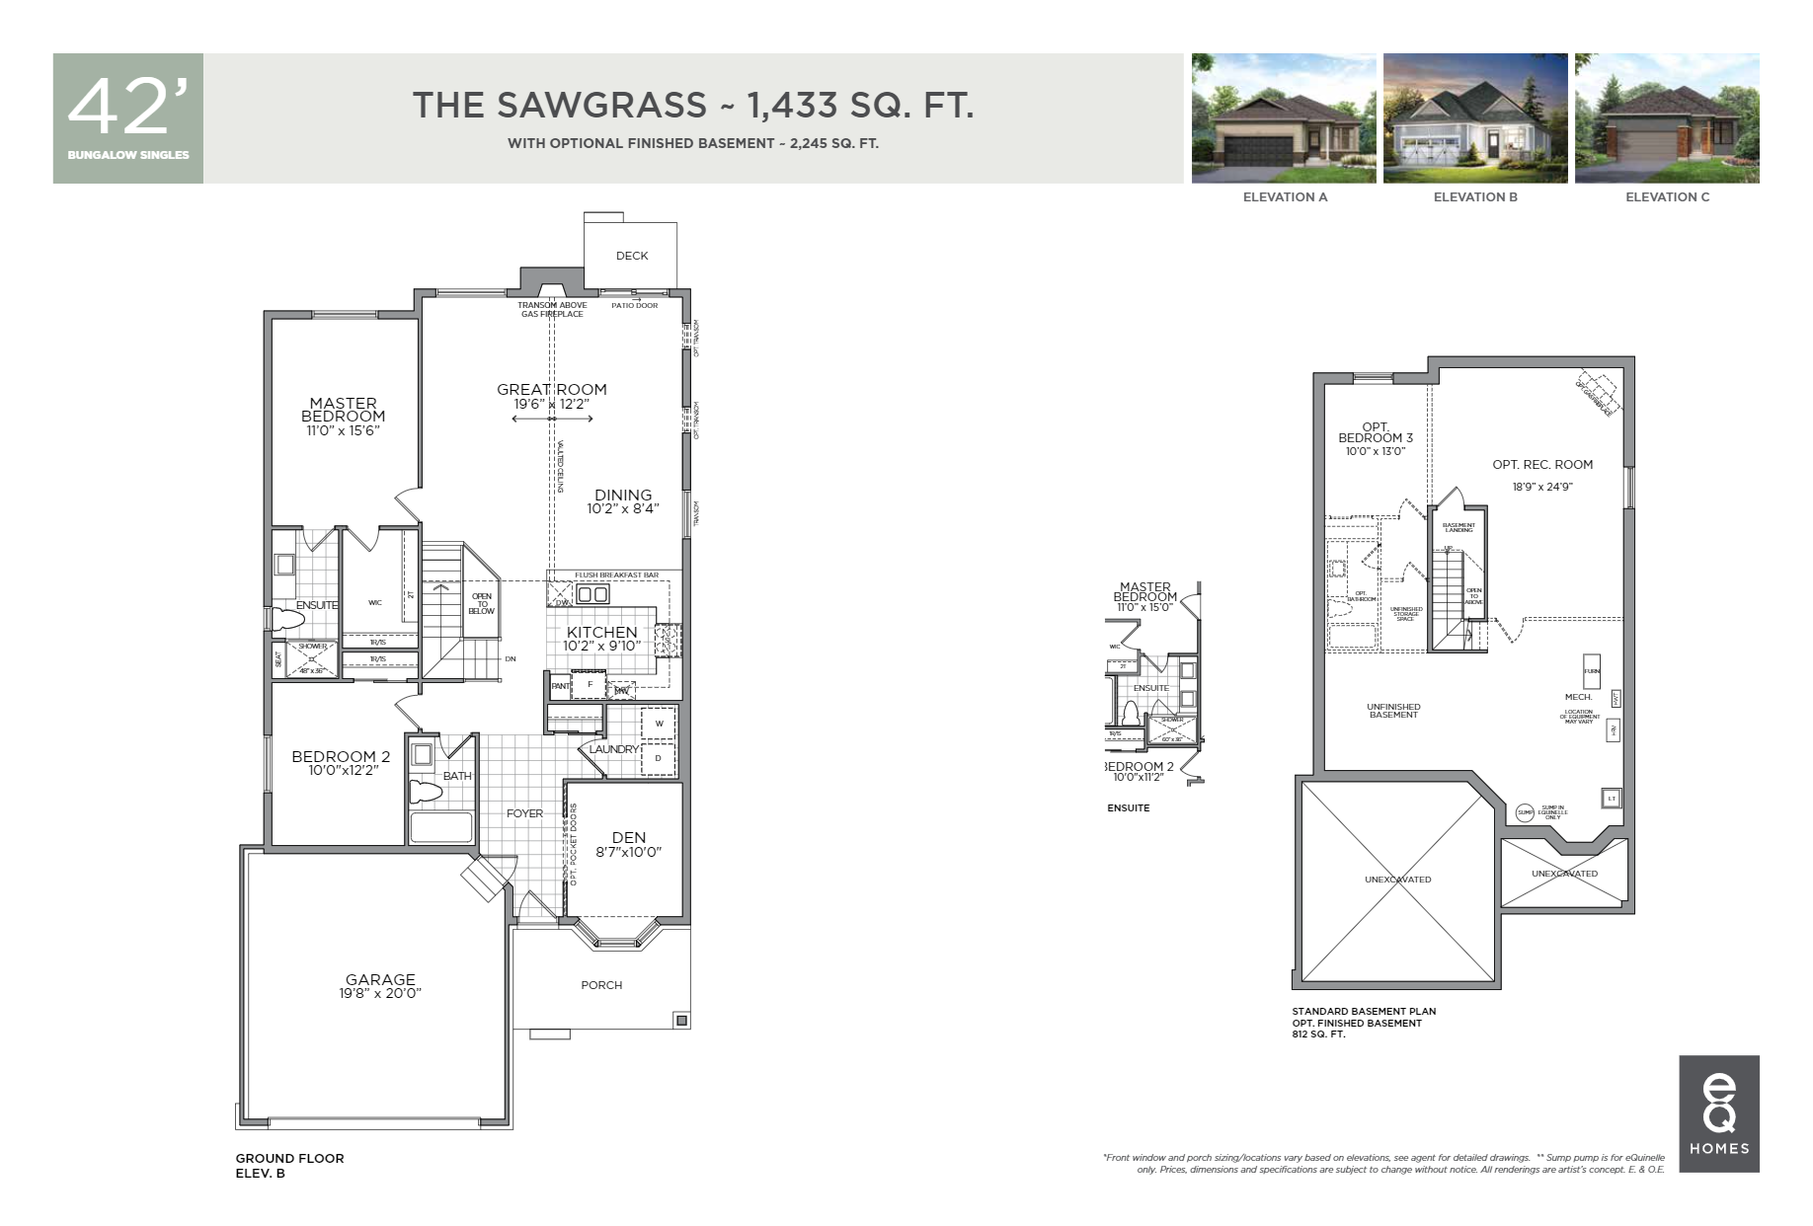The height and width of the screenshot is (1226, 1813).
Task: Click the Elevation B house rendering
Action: click(x=1475, y=118)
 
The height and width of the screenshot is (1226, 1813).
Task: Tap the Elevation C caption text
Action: click(x=1667, y=197)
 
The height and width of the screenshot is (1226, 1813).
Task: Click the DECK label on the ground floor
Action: click(x=632, y=256)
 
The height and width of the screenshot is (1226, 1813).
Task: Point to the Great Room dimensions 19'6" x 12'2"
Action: click(x=552, y=404)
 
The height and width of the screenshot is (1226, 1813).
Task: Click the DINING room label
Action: click(x=623, y=495)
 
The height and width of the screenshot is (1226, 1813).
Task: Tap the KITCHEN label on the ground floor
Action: click(x=601, y=632)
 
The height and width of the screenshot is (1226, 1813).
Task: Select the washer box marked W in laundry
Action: click(x=659, y=724)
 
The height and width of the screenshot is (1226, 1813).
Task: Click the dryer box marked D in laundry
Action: click(x=659, y=758)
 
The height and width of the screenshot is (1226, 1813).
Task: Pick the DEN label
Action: click(x=628, y=837)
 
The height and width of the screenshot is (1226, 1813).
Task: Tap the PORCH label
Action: click(x=601, y=985)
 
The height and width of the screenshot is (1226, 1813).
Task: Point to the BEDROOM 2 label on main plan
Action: click(x=341, y=756)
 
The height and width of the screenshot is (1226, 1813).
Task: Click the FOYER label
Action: click(x=524, y=813)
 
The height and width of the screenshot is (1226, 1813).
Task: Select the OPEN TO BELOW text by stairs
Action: click(x=482, y=604)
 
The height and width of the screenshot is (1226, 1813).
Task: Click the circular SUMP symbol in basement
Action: click(x=1525, y=812)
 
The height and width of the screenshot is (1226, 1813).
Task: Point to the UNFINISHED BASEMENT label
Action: click(x=1393, y=711)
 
